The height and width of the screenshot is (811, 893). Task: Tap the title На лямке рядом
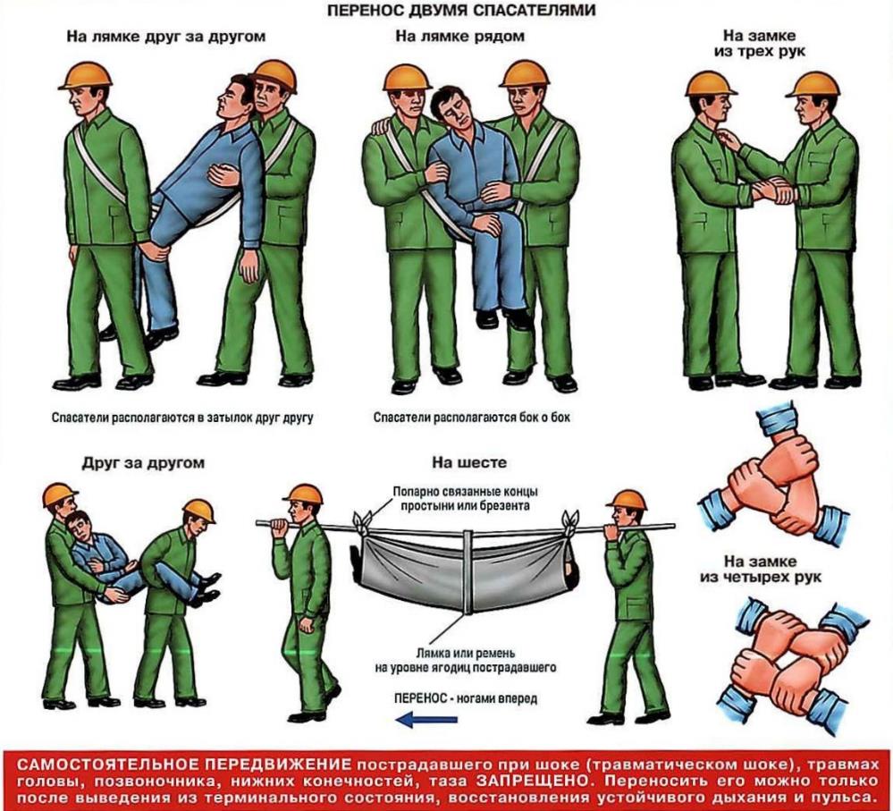click(x=459, y=38)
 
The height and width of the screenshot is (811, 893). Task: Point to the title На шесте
click(x=457, y=463)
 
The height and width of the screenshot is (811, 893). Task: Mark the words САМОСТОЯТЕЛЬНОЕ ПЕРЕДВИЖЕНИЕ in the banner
click(x=183, y=765)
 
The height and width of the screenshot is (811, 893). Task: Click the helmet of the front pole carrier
click(x=303, y=494)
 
